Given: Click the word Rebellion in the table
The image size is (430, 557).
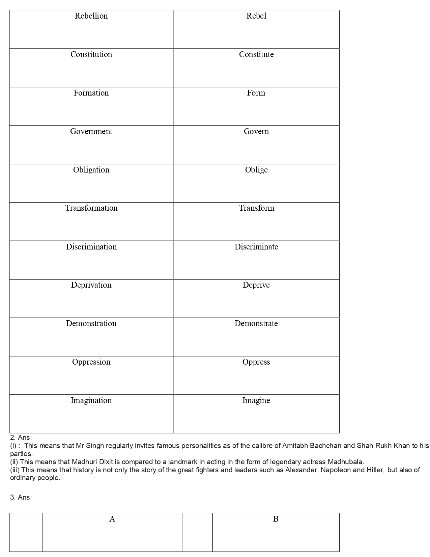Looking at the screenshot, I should pos(91,16).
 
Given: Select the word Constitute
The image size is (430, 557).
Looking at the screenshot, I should pos(256,54).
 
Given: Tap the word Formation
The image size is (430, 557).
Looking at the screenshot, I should pos(91,93).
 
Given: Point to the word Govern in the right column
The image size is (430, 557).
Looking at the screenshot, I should pos(256,131).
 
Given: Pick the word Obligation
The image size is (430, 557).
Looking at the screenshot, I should pos(91,170).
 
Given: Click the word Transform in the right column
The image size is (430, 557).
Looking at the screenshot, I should pos(256,208).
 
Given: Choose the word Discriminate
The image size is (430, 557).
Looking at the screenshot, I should pos(256,247).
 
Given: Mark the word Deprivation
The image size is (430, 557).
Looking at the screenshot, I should pos(91,285).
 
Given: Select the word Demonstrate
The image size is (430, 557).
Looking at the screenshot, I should pos(256,323).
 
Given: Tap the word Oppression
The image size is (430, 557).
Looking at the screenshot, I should pos(91,362).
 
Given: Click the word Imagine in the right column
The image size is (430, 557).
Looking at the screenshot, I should pos(256,400).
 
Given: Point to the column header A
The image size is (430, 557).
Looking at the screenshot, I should pos(112,519).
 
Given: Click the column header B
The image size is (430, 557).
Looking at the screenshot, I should pos(276,519).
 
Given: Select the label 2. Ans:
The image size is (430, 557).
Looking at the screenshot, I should pos(21,437).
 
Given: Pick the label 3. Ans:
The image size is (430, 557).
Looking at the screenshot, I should pos(21,497).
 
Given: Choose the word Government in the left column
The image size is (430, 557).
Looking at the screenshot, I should pos(91,131).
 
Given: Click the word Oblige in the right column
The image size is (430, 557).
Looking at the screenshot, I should pos(256,170).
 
